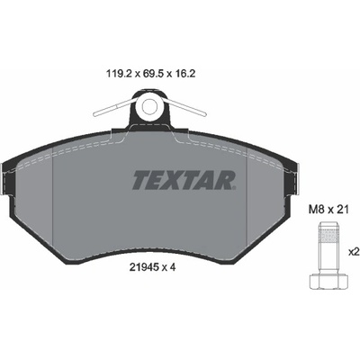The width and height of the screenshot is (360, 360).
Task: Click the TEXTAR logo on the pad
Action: point(183,180)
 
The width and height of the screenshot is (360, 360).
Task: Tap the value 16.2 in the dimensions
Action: point(185,74)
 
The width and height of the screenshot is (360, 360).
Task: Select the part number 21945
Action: point(143,267)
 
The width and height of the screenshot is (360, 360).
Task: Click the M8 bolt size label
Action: point(317,210)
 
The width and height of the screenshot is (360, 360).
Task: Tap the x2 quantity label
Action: point(355,252)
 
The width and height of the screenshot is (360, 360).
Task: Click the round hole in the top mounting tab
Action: point(149,106)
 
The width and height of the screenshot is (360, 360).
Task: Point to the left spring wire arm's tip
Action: point(95,114)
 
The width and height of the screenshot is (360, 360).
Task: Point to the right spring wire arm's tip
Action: point(203,114)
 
